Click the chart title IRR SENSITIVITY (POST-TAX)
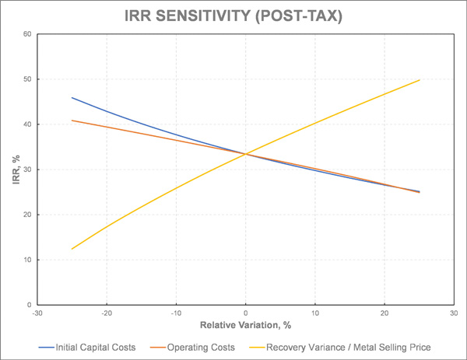pyautogui.click(x=233, y=16)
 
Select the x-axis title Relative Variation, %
pyautogui.click(x=245, y=323)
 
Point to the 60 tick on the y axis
pyautogui.click(x=27, y=34)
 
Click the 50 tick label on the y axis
pyautogui.click(x=27, y=79)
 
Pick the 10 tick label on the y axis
pyautogui.click(x=27, y=260)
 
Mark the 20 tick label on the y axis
pyautogui.click(x=27, y=215)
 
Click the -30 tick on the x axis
pyautogui.click(x=37, y=313)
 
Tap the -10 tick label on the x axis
pyautogui.click(x=175, y=313)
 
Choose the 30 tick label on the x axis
pyautogui.click(x=454, y=313)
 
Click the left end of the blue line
pyautogui.click(x=72, y=98)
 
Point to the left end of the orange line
pyautogui.click(x=72, y=121)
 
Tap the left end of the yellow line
pyautogui.click(x=72, y=249)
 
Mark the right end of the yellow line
pyautogui.click(x=420, y=80)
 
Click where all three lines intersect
pyautogui.click(x=245, y=154)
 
